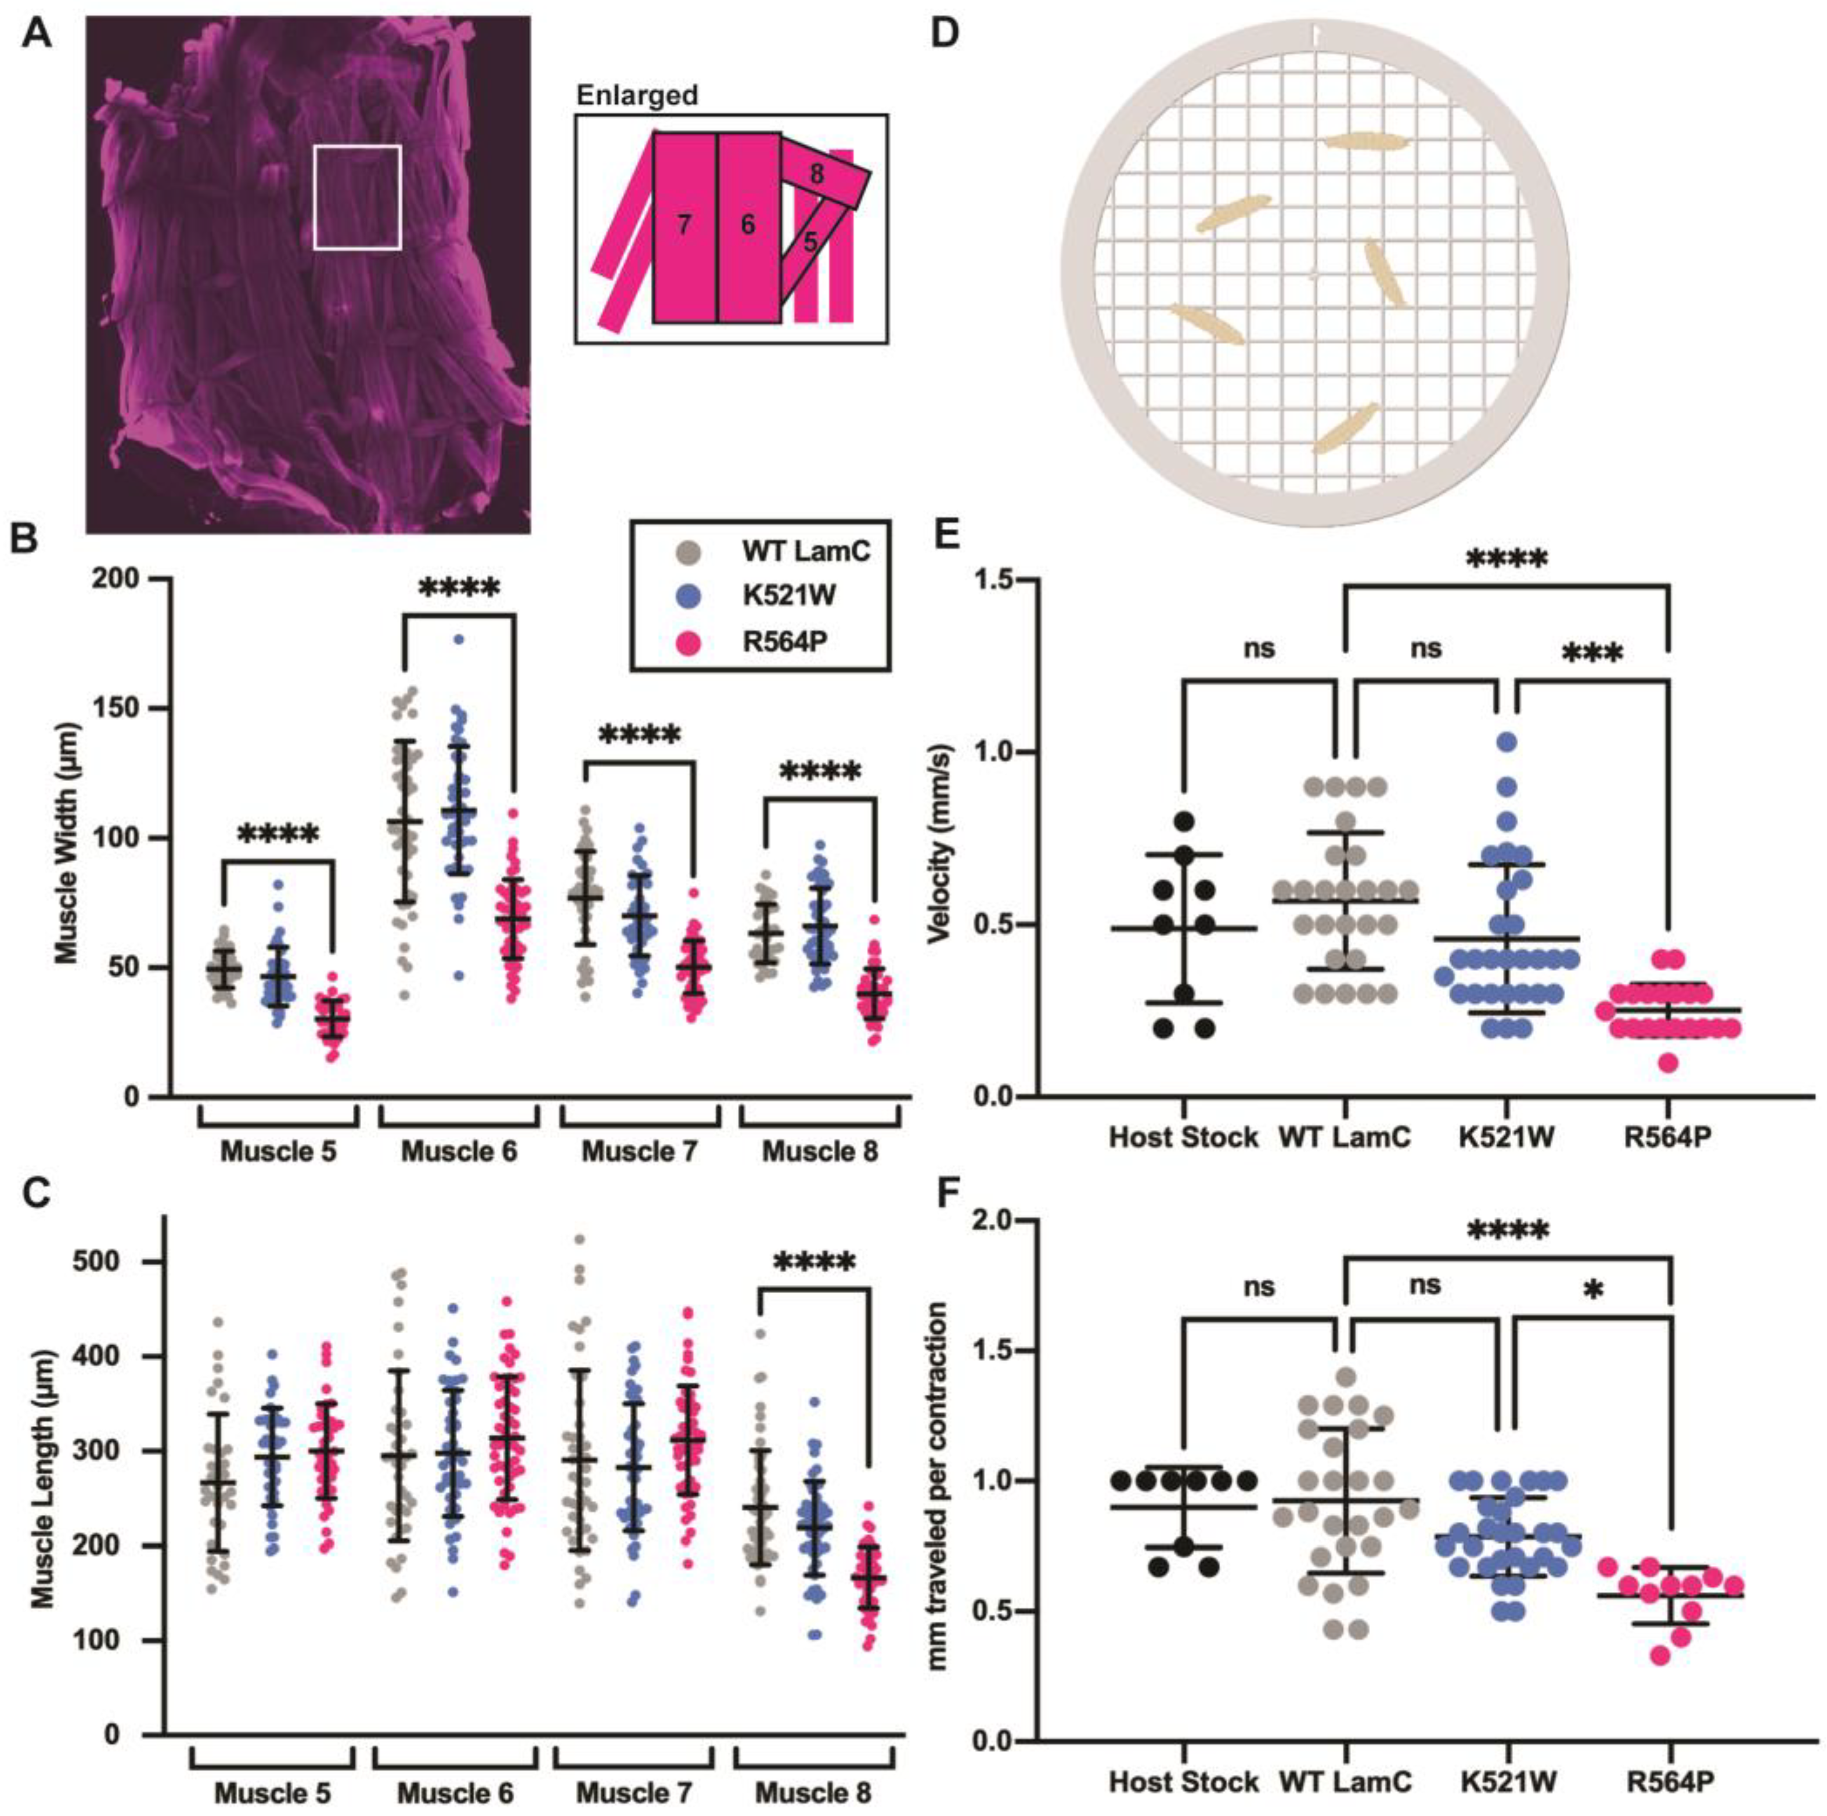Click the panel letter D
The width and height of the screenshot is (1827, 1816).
(949, 35)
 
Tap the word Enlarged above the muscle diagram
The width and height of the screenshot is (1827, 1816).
(638, 96)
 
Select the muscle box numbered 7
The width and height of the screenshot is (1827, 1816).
(683, 225)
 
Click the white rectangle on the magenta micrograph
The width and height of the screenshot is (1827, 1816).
(358, 197)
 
